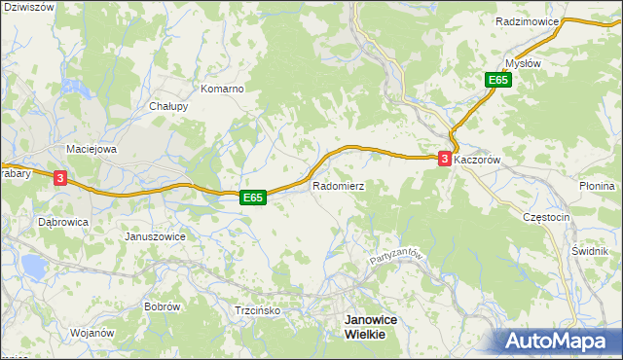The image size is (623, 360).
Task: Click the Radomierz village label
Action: (338, 184)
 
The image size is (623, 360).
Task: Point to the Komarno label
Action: (221, 89)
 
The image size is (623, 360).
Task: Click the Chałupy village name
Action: (168, 106)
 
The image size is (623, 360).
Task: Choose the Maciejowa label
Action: (91, 149)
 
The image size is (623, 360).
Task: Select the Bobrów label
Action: (163, 306)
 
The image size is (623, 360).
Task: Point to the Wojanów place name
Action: (92, 333)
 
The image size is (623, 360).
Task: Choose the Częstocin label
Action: (545, 217)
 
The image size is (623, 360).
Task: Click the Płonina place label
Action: (597, 186)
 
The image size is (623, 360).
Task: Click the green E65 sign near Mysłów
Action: (498, 81)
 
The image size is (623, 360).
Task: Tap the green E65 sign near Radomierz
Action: (253, 198)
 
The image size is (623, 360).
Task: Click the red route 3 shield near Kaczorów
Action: (445, 159)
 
